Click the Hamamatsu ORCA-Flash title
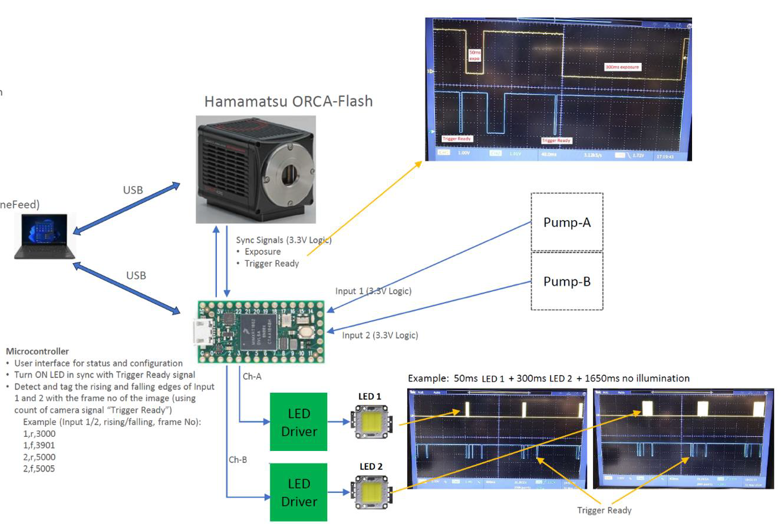[288, 101]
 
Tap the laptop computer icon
[45, 237]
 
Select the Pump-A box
[566, 222]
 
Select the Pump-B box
[566, 281]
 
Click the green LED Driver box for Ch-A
[298, 422]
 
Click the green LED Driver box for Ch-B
[298, 492]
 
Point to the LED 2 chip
[370, 492]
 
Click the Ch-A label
[252, 376]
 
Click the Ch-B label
[238, 459]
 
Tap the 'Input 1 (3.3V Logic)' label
[373, 291]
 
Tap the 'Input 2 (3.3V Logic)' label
[380, 335]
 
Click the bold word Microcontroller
[37, 351]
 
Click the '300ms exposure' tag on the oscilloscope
[622, 67]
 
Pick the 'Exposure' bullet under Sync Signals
[263, 251]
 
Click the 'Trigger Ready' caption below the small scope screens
[604, 510]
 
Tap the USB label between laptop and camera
[133, 190]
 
